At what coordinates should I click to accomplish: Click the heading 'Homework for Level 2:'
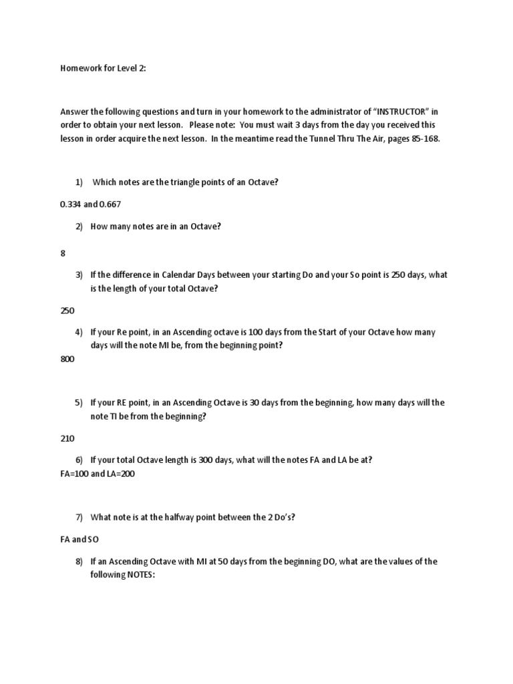click(103, 68)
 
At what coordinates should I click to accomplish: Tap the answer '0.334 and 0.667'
click(91, 204)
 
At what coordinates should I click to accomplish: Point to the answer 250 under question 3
click(67, 311)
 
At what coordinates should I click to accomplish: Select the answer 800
click(67, 359)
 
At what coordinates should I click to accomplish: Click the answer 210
click(67, 438)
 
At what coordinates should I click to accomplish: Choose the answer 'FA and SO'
click(79, 538)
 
